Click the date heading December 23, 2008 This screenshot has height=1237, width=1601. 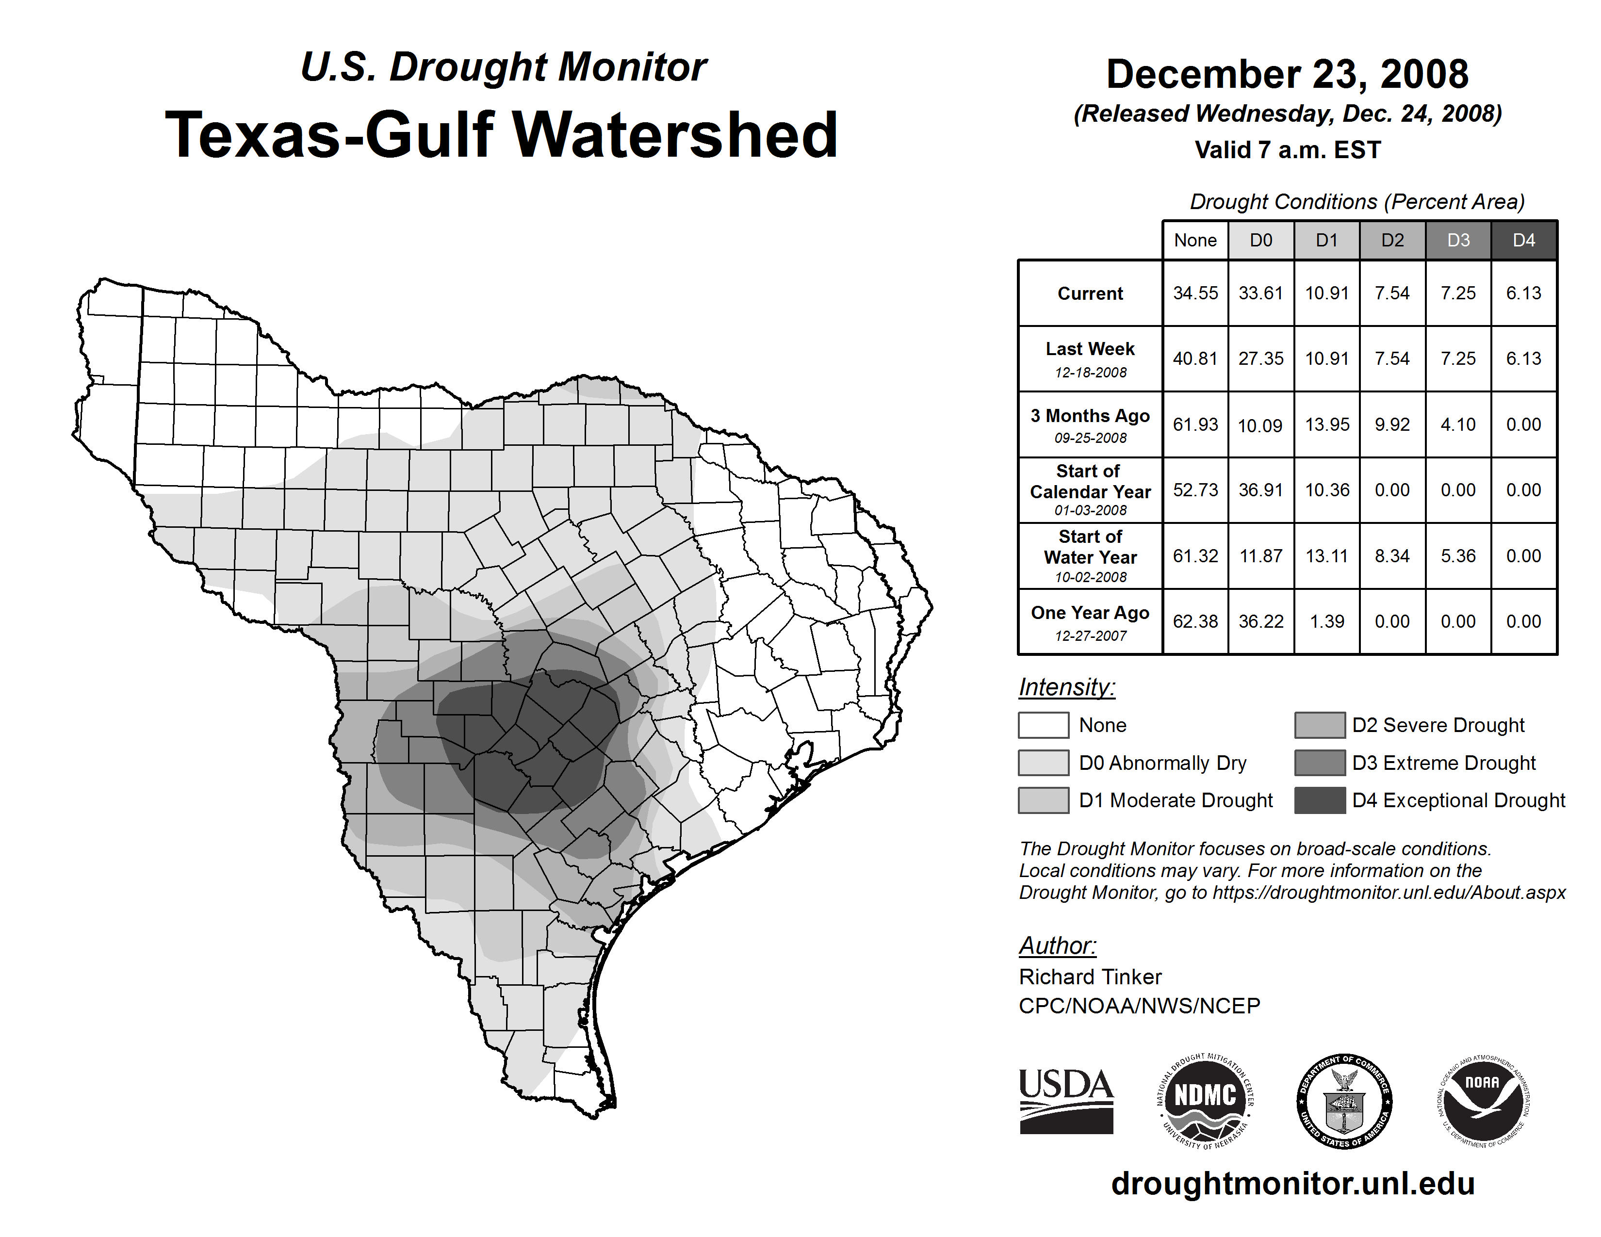(x=1287, y=74)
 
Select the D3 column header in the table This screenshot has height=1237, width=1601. (x=1458, y=240)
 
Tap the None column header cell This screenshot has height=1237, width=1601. (x=1195, y=240)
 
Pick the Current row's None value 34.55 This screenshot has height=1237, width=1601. (x=1195, y=293)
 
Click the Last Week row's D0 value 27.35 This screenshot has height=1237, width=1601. (x=1261, y=358)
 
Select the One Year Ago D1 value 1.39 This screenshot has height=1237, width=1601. (x=1327, y=621)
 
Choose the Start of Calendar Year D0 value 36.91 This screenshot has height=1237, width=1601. (x=1261, y=489)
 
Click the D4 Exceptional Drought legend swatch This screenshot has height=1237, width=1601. (x=1320, y=800)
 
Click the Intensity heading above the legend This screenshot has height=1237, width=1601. (x=1066, y=687)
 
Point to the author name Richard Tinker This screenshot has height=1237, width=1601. (x=1090, y=977)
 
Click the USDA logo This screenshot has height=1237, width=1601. (x=1066, y=1101)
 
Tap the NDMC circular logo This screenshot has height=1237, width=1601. (x=1205, y=1101)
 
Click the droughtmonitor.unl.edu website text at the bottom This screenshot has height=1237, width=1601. (x=1292, y=1184)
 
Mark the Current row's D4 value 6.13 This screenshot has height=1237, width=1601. (x=1523, y=293)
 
